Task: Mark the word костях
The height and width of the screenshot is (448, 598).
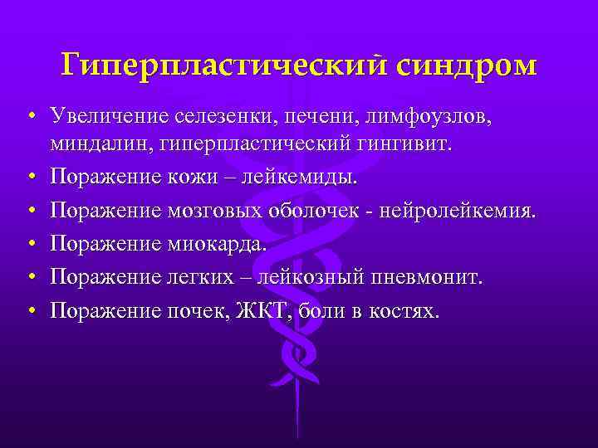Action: click(x=404, y=309)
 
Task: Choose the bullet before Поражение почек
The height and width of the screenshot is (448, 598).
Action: click(x=30, y=310)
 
